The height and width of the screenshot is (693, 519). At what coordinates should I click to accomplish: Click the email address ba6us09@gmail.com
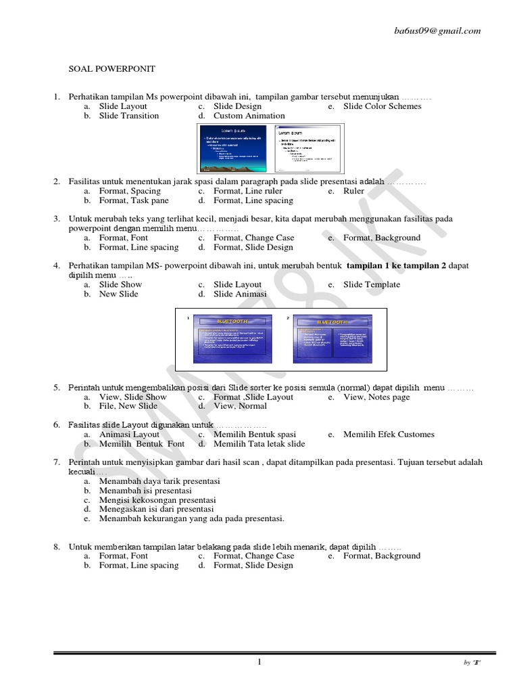438,30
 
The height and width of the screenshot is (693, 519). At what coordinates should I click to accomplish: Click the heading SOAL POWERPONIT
112,69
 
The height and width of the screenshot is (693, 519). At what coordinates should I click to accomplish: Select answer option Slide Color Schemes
382,106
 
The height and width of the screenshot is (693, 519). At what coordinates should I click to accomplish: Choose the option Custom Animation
249,116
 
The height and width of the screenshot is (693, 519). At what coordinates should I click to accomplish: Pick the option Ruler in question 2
353,192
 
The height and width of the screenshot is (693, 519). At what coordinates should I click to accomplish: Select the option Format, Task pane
134,200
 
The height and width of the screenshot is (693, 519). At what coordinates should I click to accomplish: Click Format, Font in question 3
123,238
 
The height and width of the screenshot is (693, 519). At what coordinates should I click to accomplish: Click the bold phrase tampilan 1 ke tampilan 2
396,266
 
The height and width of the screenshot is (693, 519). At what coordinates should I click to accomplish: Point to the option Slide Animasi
239,294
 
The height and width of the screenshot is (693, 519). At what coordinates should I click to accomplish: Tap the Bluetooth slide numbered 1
232,338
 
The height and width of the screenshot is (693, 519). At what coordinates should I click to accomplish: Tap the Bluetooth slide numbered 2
335,338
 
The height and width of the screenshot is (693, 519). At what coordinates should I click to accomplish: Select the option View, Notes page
376,397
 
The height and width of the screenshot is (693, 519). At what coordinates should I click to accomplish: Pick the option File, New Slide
128,406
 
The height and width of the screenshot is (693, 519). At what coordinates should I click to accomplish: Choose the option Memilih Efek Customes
389,434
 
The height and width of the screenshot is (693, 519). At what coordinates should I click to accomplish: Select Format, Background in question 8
381,556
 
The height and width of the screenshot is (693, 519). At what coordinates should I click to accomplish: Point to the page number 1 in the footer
259,662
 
